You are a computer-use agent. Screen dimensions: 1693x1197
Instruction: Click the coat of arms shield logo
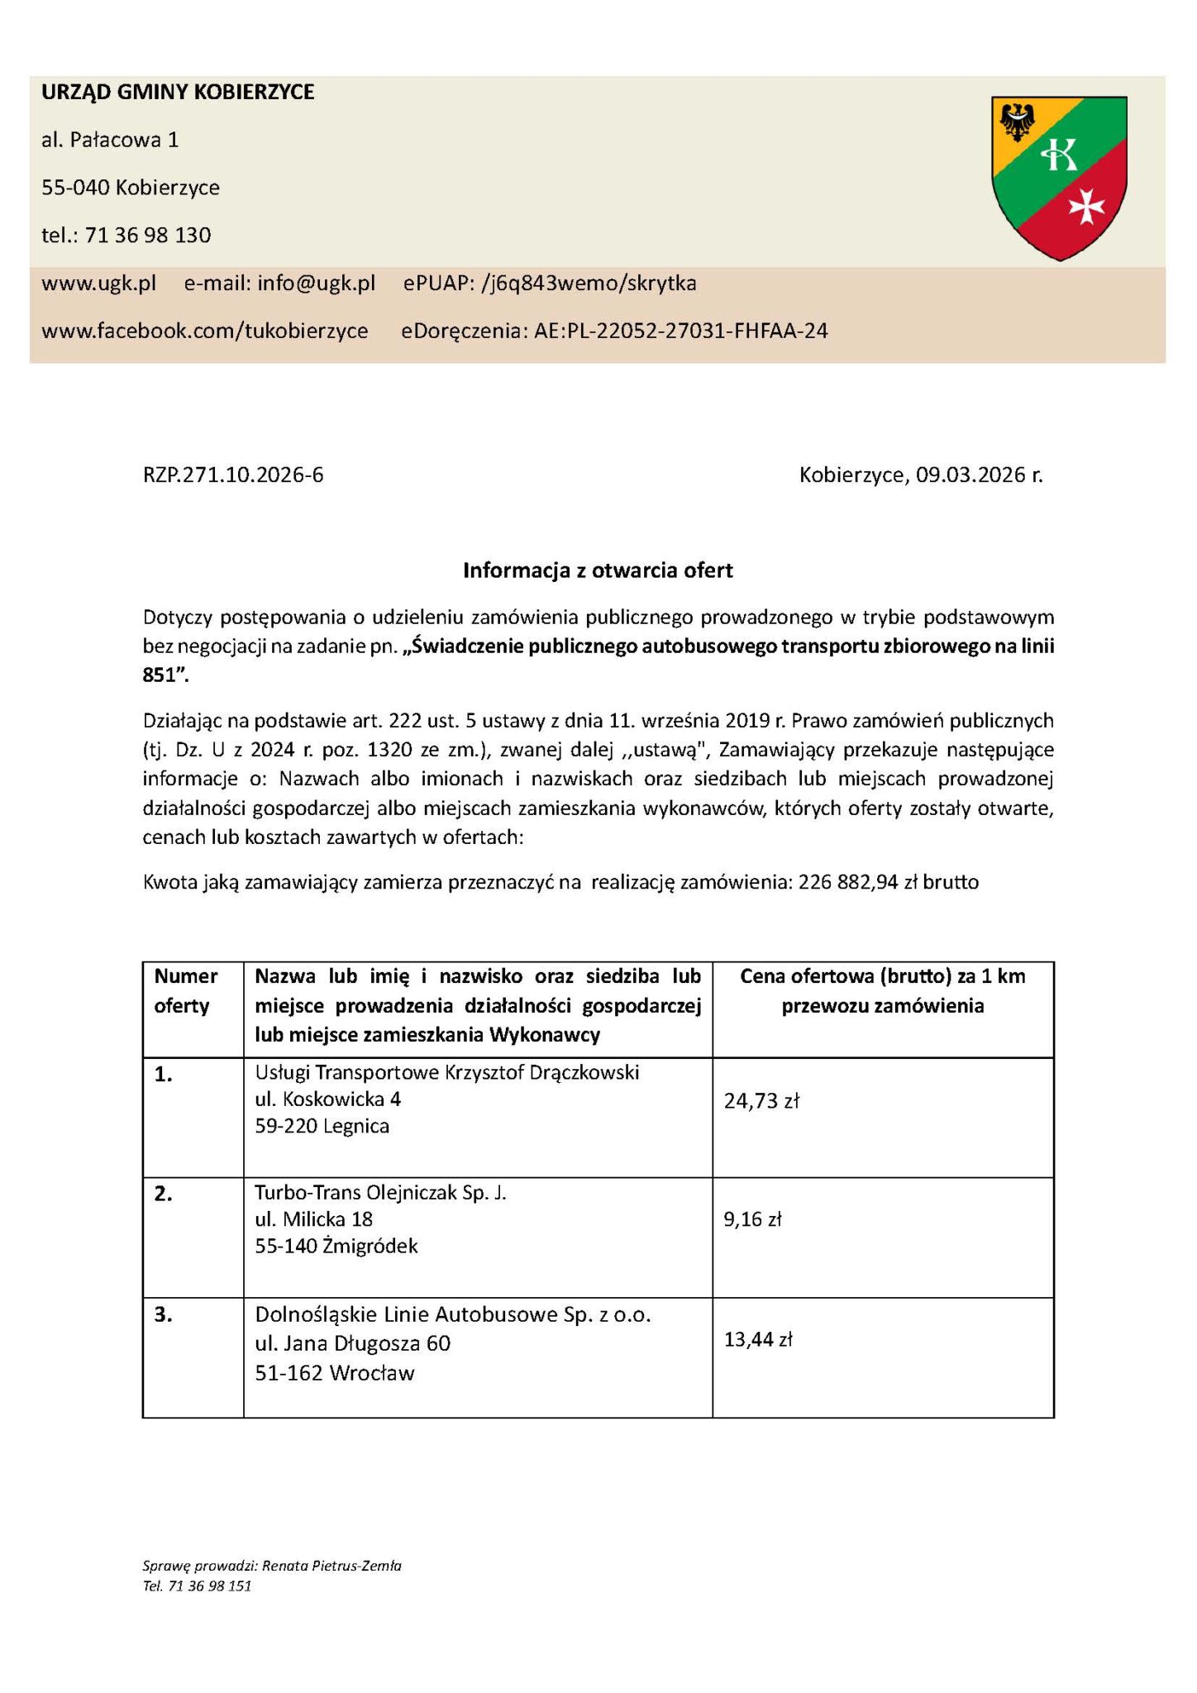point(1059,177)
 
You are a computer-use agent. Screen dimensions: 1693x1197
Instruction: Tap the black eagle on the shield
point(1017,122)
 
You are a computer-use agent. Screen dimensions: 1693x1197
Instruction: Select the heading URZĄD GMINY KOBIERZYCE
point(178,92)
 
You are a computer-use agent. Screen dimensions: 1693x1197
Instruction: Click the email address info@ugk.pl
point(316,284)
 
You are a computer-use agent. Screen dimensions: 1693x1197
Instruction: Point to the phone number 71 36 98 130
point(148,236)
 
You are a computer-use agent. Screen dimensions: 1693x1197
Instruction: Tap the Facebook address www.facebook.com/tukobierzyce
point(204,331)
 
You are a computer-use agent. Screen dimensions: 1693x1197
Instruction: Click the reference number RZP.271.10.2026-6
point(233,475)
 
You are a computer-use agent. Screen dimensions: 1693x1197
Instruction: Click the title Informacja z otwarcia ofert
point(598,570)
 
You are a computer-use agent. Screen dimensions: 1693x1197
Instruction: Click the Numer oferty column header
point(186,991)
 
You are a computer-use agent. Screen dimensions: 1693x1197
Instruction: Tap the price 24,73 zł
point(761,1100)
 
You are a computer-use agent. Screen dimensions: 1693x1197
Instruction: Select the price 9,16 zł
point(752,1219)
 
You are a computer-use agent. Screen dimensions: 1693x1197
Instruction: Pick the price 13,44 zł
point(758,1339)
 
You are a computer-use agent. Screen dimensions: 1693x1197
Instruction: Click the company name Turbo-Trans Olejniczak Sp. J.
point(380,1193)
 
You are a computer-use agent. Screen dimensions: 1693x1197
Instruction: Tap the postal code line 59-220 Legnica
point(322,1126)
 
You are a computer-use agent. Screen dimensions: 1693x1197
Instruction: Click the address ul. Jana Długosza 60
point(353,1343)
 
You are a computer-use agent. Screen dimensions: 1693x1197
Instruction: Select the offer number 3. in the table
point(164,1315)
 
